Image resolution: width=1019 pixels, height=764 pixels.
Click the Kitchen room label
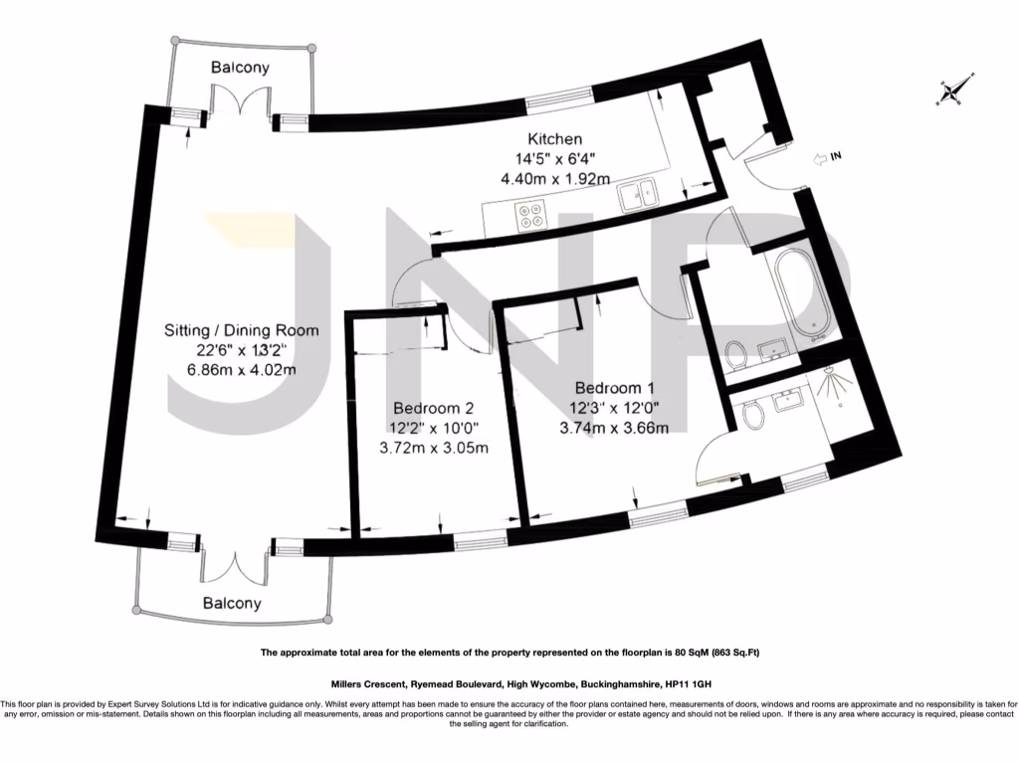tap(554, 138)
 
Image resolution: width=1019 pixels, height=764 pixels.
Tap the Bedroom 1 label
tap(614, 388)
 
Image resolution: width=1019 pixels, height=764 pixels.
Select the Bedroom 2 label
tap(434, 408)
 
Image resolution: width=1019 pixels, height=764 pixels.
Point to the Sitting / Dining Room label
tap(241, 330)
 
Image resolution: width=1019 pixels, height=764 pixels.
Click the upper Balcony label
tap(240, 67)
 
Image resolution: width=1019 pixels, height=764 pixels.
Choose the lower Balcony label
tap(232, 603)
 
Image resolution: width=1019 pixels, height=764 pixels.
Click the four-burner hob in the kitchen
tap(530, 216)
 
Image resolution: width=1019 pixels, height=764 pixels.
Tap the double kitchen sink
tap(639, 195)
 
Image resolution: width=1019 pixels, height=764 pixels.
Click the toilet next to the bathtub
tap(737, 356)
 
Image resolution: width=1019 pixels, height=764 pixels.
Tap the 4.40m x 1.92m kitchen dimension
tap(554, 178)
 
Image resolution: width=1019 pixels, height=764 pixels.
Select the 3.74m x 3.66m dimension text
tap(614, 428)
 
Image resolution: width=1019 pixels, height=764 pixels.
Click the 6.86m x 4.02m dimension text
tap(241, 370)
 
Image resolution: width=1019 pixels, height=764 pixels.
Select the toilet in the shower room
tap(752, 415)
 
